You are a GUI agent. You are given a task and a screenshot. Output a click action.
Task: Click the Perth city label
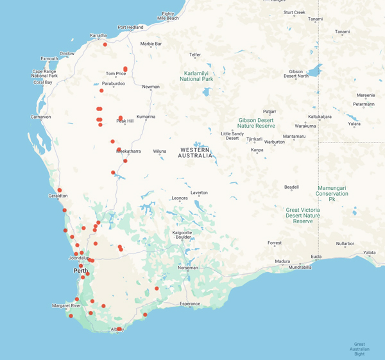click(80, 271)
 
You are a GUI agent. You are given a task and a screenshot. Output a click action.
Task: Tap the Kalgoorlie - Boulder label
click(182, 236)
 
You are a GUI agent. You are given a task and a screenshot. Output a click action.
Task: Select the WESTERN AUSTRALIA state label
click(196, 153)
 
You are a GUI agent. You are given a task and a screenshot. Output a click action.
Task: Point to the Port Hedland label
click(130, 27)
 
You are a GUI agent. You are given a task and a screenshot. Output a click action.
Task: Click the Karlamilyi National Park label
click(199, 76)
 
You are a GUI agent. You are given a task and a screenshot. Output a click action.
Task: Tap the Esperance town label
click(190, 304)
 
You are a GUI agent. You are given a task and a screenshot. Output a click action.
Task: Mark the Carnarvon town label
click(40, 117)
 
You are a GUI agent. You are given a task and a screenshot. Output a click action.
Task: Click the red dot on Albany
click(119, 329)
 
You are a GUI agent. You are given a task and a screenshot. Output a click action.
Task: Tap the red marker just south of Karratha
click(105, 44)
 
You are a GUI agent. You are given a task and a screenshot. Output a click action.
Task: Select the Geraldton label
click(53, 196)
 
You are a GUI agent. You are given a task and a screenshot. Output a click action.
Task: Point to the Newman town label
click(151, 87)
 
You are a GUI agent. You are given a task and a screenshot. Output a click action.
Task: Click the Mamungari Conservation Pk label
click(332, 193)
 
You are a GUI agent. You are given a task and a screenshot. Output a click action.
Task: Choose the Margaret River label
click(66, 306)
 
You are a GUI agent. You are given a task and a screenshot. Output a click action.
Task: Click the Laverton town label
click(199, 193)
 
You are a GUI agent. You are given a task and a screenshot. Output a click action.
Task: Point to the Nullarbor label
click(345, 244)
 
